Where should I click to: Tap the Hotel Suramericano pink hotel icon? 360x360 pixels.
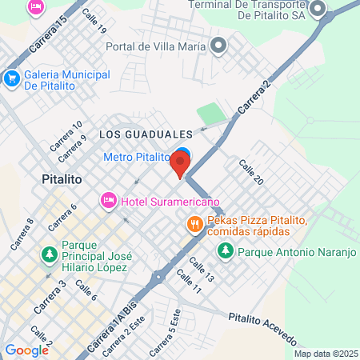(107, 200)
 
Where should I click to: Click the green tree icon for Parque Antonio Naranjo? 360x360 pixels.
(226, 251)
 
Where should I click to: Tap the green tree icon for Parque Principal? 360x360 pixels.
(49, 254)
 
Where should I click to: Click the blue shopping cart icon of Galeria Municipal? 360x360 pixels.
(11, 78)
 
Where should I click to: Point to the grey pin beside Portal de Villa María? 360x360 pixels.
(217, 46)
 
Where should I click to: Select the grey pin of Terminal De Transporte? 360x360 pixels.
(319, 10)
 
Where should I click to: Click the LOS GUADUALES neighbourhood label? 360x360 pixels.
(146, 134)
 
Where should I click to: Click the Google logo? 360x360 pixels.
(26, 350)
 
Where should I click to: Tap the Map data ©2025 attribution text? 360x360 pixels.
(326, 354)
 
